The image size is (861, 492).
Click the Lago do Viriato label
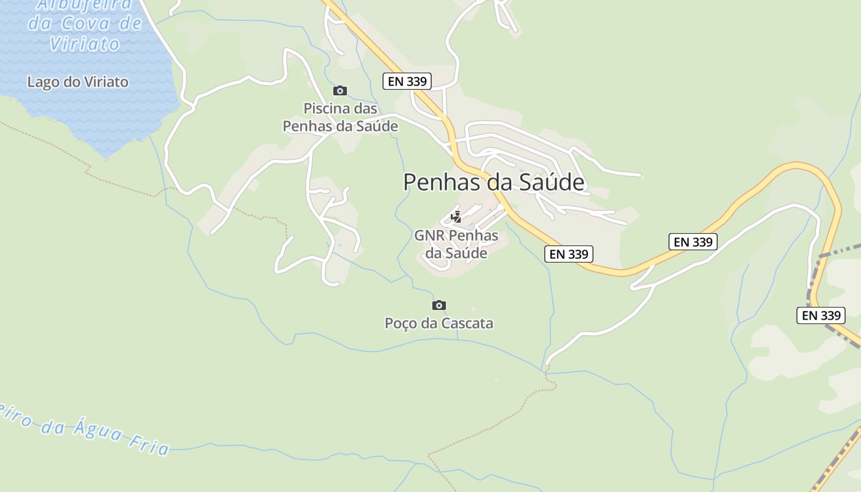(78, 82)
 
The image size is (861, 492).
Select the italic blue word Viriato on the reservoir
(84, 44)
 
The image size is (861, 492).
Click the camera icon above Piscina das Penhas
(340, 91)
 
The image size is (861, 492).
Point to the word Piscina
(328, 108)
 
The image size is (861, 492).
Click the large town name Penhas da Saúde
(493, 182)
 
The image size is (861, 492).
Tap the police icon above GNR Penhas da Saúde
(456, 217)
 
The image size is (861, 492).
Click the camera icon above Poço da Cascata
(439, 305)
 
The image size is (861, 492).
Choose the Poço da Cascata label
(439, 323)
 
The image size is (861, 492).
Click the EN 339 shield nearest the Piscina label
(407, 81)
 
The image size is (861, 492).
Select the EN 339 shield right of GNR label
(569, 254)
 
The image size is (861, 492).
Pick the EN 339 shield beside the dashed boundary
(822, 315)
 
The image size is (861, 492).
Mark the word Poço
(401, 323)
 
